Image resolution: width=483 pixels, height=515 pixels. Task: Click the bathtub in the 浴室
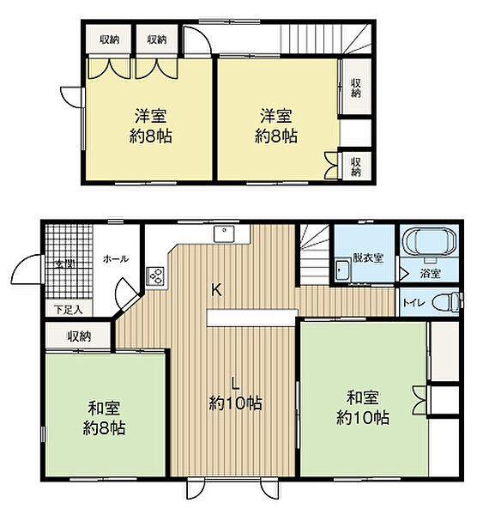pyautogui.click(x=431, y=244)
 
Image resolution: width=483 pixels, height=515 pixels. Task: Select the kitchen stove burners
pyautogui.click(x=156, y=277)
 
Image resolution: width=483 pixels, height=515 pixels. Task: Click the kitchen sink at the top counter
pyautogui.click(x=226, y=231)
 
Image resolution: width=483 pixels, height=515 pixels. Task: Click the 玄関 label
pyautogui.click(x=63, y=263)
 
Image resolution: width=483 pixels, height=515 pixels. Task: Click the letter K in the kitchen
pyautogui.click(x=217, y=289)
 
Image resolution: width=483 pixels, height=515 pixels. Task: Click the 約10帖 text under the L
pyautogui.click(x=235, y=403)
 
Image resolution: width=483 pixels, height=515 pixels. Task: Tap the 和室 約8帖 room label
pyautogui.click(x=104, y=417)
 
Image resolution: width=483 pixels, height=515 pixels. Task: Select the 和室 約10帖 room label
pyautogui.click(x=362, y=408)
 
